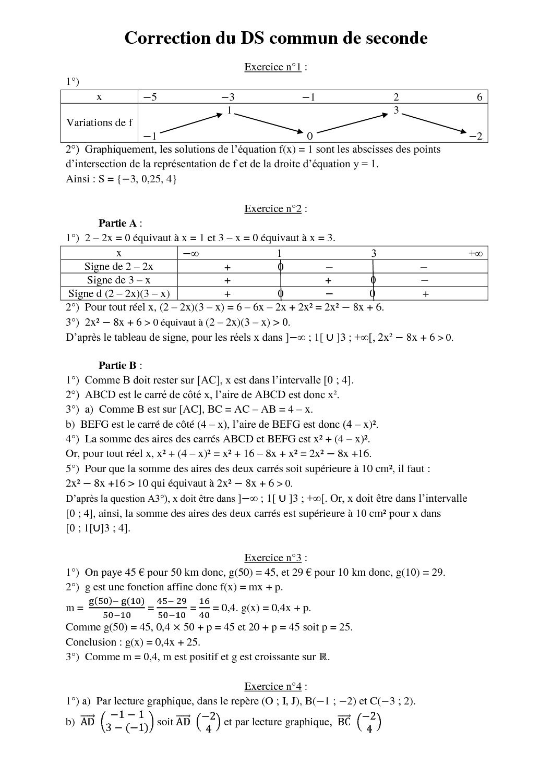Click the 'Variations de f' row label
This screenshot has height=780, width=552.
point(99,122)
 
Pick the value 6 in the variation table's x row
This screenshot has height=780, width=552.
point(479,97)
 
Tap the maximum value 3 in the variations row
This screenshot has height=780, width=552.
point(396,110)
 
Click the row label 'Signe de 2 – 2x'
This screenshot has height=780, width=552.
point(119,266)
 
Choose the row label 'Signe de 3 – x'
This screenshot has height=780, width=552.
point(119,280)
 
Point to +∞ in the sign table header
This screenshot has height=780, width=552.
point(475,253)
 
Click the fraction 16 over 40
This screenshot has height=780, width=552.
point(204,608)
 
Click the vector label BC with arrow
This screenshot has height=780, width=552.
point(344,722)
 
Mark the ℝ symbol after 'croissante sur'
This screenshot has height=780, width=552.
point(323,657)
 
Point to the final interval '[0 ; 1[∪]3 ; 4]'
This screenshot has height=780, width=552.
point(98,528)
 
